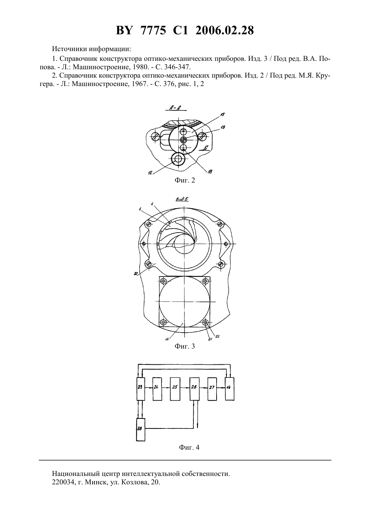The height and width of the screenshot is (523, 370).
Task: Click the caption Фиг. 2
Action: click(185, 180)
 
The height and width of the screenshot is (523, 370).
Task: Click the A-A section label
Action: click(175, 108)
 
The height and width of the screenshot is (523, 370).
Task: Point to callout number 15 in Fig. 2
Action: click(222, 114)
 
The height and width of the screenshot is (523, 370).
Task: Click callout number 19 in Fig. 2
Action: click(223, 127)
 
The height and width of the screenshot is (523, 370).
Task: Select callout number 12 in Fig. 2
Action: click(150, 172)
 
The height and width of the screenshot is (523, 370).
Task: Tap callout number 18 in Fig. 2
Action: click(210, 172)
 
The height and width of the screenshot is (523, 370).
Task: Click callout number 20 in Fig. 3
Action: click(136, 273)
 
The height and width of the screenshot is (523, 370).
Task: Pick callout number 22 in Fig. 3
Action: click(218, 336)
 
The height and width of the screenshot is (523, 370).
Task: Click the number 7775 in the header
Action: click(153, 30)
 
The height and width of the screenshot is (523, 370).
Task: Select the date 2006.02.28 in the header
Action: click(224, 30)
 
